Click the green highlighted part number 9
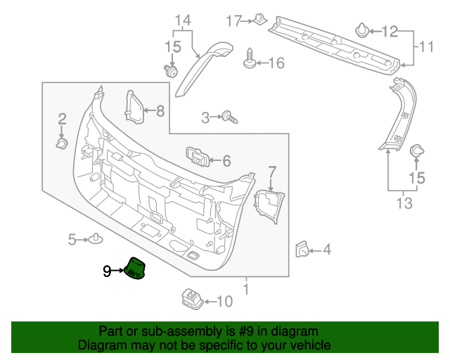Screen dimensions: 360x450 coord(134,269)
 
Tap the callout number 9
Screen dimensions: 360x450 coord(107,271)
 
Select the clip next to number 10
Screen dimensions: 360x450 coord(191,300)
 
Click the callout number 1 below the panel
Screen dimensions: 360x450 coord(245,288)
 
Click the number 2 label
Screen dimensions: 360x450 coord(62,119)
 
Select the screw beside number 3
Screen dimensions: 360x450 coord(228,117)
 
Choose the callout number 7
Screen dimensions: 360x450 coord(273,171)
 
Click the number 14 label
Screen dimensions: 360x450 coord(183,20)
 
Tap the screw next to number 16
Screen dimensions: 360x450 coord(250,61)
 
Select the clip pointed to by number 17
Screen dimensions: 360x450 coord(259,20)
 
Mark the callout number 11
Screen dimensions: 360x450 coord(427,47)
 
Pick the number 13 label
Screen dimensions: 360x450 coord(403,204)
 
